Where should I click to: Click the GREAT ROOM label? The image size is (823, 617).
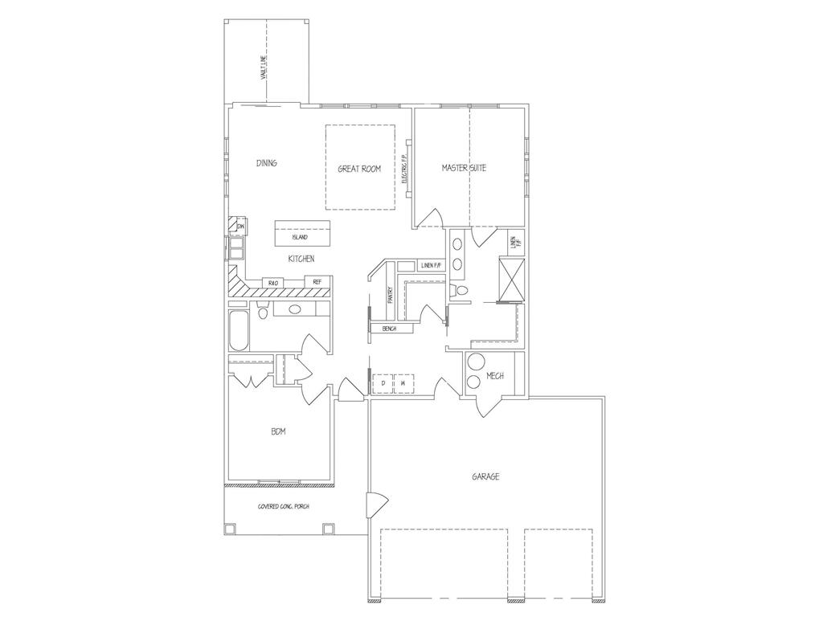pyautogui.click(x=359, y=169)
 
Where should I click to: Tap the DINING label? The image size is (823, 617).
pyautogui.click(x=267, y=163)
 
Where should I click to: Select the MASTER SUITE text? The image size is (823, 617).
pyautogui.click(x=464, y=168)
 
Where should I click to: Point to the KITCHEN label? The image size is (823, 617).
pyautogui.click(x=301, y=259)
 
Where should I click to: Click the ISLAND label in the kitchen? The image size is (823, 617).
pyautogui.click(x=300, y=238)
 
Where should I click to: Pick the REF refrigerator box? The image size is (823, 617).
pyautogui.click(x=317, y=282)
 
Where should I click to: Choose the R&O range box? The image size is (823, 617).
pyautogui.click(x=272, y=283)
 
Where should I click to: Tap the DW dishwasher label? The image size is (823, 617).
pyautogui.click(x=240, y=227)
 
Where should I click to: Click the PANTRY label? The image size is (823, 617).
pyautogui.click(x=390, y=296)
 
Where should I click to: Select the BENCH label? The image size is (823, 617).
pyautogui.click(x=390, y=329)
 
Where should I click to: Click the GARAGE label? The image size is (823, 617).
pyautogui.click(x=485, y=476)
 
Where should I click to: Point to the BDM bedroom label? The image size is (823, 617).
pyautogui.click(x=279, y=432)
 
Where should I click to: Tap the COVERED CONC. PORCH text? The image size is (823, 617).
pyautogui.click(x=283, y=506)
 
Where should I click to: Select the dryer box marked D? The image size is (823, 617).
pyautogui.click(x=383, y=384)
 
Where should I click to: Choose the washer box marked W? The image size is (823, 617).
pyautogui.click(x=402, y=384)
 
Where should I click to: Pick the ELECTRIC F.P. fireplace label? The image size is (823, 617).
pyautogui.click(x=403, y=170)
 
